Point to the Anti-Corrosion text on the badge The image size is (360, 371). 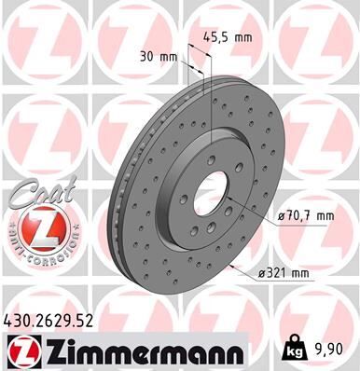[x=35, y=252]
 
